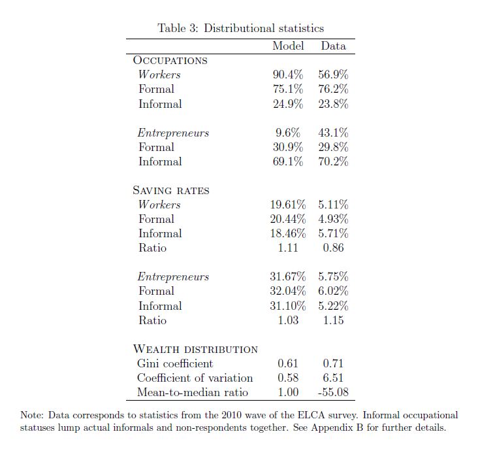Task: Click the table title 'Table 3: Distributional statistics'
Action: (240, 28)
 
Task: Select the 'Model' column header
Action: (288, 46)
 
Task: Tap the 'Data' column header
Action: (333, 46)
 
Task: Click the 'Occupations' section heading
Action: (170, 60)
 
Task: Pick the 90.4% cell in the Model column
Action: (288, 75)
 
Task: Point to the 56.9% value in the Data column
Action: (333, 75)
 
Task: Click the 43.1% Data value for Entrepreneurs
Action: (333, 133)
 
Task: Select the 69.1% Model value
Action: (288, 161)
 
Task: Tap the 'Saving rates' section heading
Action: (171, 190)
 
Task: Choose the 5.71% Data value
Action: (333, 233)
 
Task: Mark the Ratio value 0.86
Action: (333, 248)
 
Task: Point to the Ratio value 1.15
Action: (333, 320)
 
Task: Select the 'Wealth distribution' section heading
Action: (195, 349)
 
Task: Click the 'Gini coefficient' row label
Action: (175, 363)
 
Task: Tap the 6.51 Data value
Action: (333, 378)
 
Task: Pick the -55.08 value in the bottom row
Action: (333, 392)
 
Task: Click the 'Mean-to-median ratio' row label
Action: (193, 392)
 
